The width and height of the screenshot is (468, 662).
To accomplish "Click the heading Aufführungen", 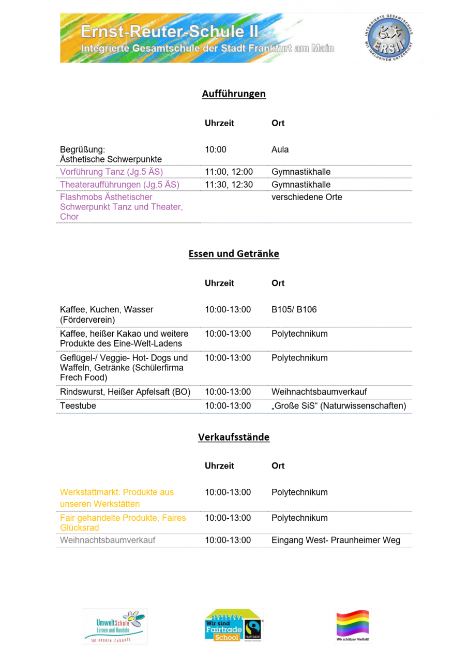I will coord(234,94).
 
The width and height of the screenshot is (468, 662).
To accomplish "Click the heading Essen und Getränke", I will coord(234,253).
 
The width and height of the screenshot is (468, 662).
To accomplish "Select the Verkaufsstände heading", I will coord(234,437).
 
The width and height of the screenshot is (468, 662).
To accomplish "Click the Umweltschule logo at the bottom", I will coord(114,626).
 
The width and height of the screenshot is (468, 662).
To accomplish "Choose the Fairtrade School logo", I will coord(234,625).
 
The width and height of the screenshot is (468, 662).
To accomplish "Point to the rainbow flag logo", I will coord(353,625).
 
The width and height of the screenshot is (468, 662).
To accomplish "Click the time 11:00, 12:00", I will coord(229,172).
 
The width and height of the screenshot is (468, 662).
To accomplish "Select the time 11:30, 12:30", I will coord(229,185).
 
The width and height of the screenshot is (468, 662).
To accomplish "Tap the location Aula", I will coord(280,149).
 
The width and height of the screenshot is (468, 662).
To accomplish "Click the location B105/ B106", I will coord(294,310).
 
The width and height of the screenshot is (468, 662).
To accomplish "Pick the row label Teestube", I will coord(78,406).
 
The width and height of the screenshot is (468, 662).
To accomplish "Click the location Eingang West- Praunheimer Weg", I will coord(336,540).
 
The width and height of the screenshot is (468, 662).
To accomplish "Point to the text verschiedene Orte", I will coord(307,197).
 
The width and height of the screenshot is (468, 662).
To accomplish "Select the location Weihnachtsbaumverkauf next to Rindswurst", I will coord(319,392).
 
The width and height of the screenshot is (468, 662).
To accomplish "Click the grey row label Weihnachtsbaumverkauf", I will coord(108,540).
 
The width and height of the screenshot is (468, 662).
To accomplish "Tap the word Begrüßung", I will coord(82,149).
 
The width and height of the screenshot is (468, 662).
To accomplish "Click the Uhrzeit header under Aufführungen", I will coord(219,123).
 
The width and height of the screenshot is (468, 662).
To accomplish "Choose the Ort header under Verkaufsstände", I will coord(278,465).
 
